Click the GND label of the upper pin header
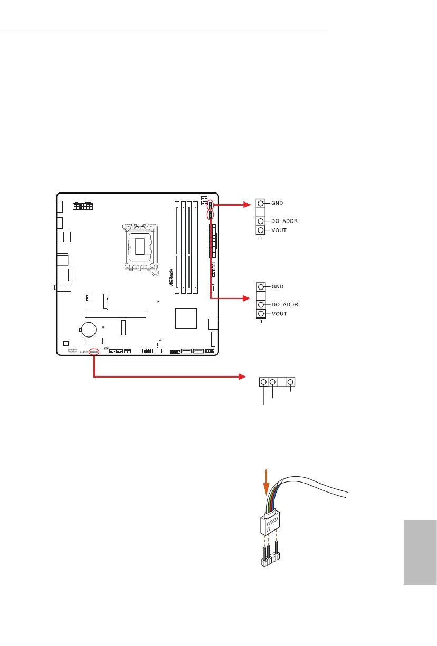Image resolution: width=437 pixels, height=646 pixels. pos(279,203)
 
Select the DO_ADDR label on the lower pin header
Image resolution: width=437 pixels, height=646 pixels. pos(285,305)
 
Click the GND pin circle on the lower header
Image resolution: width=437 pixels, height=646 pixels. pos(261,287)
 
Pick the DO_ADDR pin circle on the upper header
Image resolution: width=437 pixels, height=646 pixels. pos(261,221)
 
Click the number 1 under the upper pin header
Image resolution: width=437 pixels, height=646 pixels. pos(261,238)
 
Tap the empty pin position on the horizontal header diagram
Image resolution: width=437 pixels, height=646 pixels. pos(281,382)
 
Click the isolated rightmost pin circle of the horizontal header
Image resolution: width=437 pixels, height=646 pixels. pos(290,382)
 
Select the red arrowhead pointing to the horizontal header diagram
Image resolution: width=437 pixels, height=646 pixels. pos(243,377)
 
